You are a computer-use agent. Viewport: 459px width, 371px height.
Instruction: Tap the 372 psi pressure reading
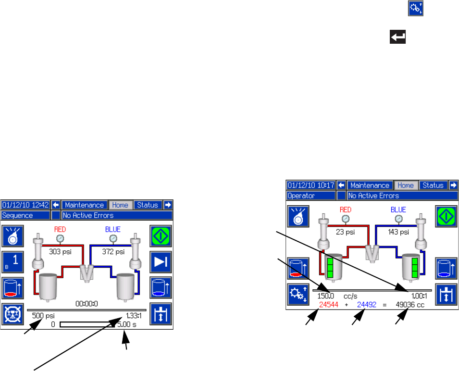[114, 251]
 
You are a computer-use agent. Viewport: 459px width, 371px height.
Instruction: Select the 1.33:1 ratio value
[129, 316]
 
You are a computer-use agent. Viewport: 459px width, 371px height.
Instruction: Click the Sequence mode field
[25, 215]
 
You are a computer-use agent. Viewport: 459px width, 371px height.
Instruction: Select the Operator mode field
[310, 196]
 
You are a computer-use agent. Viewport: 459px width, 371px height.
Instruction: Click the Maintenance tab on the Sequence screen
[85, 205]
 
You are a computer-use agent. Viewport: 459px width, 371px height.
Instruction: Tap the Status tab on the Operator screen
[433, 185]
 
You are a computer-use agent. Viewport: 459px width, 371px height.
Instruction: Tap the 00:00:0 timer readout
[87, 303]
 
